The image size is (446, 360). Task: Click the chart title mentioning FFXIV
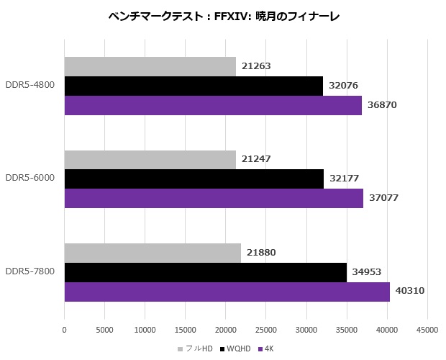[222, 15]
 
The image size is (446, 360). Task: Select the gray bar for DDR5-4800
[150, 66]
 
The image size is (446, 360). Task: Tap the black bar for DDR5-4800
[194, 86]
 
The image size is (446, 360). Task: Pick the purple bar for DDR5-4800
[213, 105]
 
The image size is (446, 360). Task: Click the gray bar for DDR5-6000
[150, 159]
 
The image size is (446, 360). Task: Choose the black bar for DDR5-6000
[194, 179]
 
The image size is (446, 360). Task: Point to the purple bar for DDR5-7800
[227, 292]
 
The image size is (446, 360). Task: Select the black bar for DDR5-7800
[205, 272]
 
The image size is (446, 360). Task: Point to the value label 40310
[409, 292]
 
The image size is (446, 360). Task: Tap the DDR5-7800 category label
[29, 272]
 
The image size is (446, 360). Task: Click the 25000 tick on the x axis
[266, 330]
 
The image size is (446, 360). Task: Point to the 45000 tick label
[427, 330]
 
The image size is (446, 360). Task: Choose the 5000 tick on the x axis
[104, 330]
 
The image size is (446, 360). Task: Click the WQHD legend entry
[237, 349]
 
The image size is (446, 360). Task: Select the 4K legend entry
[268, 349]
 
